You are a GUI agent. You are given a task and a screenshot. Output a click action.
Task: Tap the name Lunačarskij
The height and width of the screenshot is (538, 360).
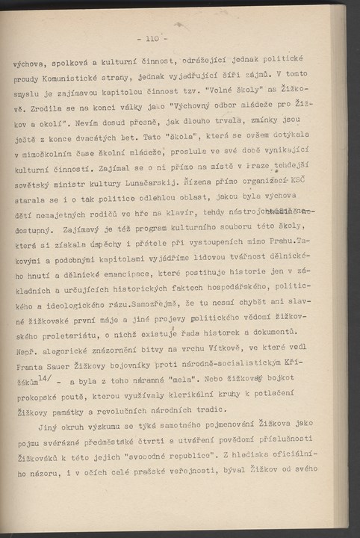pos(168,179)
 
